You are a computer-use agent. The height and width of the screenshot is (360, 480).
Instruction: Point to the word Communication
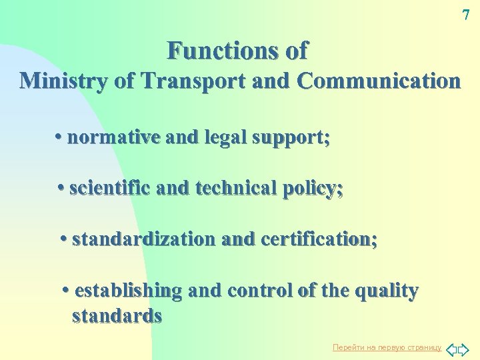[x=379, y=81]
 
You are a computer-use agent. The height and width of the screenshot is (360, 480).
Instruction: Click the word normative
[x=113, y=137]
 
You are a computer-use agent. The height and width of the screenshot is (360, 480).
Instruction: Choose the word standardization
[x=143, y=239]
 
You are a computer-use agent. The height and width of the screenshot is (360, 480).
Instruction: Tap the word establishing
[x=129, y=291]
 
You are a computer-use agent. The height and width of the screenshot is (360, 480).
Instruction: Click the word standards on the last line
[x=117, y=315]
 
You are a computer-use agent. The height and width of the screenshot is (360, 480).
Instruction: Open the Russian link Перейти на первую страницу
[x=387, y=348]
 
